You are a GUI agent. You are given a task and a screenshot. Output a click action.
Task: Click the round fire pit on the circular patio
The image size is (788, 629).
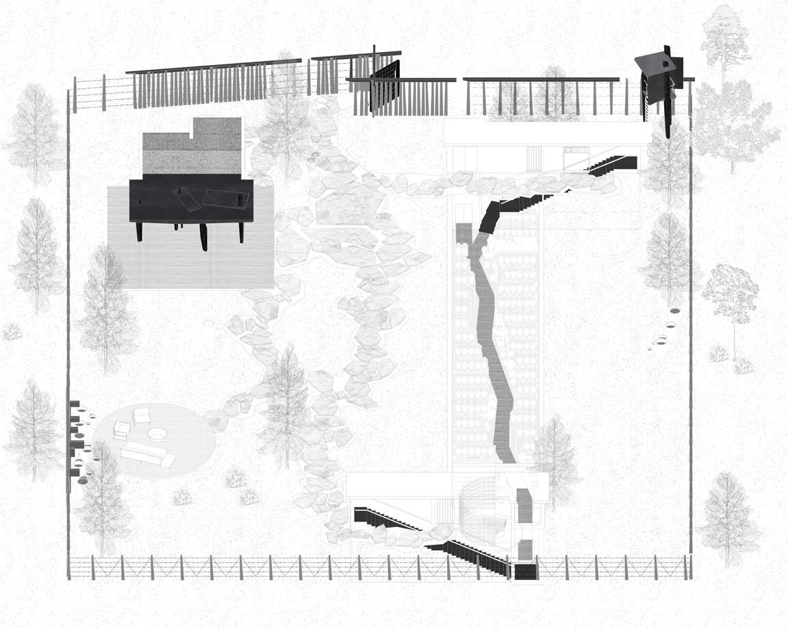156,434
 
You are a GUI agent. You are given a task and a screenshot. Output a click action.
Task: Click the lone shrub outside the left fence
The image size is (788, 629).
11,332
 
